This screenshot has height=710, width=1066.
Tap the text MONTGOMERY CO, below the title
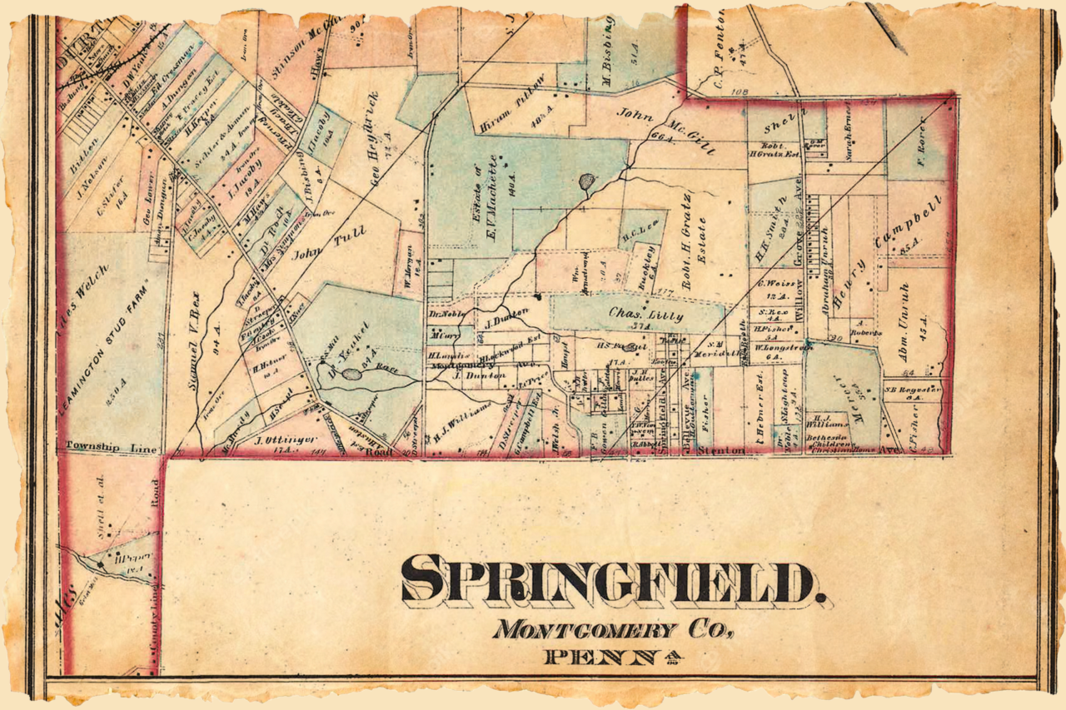click(x=613, y=629)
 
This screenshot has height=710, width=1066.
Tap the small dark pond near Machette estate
click(x=587, y=180)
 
